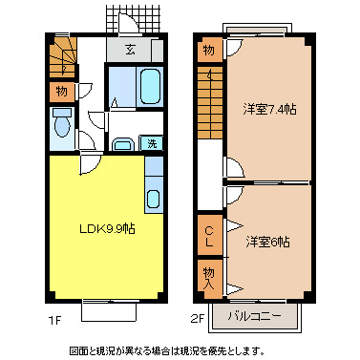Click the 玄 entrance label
tap(127, 50)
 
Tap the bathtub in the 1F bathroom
tap(149, 89)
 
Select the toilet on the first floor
tap(61, 125)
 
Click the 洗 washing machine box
tap(151, 143)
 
